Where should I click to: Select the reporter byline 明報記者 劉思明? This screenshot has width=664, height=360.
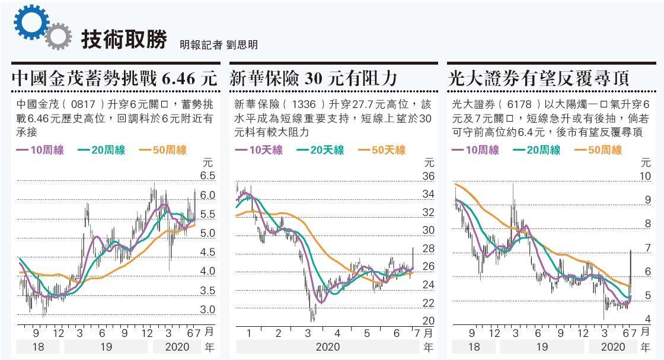point(219,44)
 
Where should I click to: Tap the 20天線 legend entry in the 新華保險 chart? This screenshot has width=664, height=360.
point(320,151)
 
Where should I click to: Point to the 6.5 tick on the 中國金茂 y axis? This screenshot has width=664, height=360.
point(207,176)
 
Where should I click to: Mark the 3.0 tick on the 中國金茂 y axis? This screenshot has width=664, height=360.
point(207,310)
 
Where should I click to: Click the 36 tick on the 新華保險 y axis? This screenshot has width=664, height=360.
point(428,176)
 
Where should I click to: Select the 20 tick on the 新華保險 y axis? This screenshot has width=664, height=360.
point(428,321)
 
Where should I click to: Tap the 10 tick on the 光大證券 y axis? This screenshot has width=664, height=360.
point(645,176)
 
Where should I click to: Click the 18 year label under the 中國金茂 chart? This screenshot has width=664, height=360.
point(37,347)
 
